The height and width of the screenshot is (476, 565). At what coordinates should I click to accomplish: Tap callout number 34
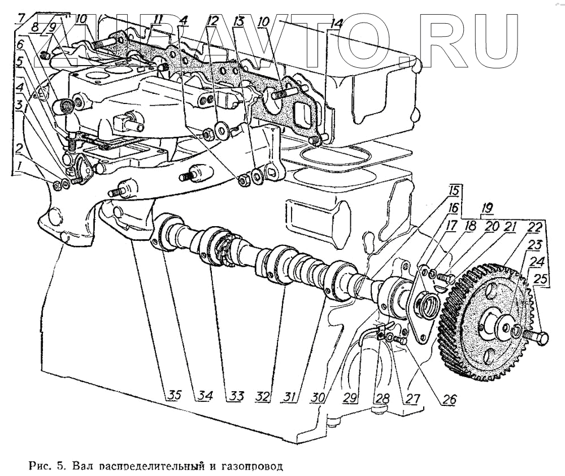click(205, 396)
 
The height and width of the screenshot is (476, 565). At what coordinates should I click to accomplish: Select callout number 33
click(235, 396)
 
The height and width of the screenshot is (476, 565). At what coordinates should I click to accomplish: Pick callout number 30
click(319, 397)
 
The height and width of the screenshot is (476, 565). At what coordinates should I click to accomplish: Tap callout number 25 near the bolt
click(541, 279)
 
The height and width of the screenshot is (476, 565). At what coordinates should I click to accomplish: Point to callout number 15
click(455, 191)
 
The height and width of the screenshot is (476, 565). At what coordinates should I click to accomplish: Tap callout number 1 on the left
click(20, 166)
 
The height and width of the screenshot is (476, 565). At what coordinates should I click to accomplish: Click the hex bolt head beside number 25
click(541, 339)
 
